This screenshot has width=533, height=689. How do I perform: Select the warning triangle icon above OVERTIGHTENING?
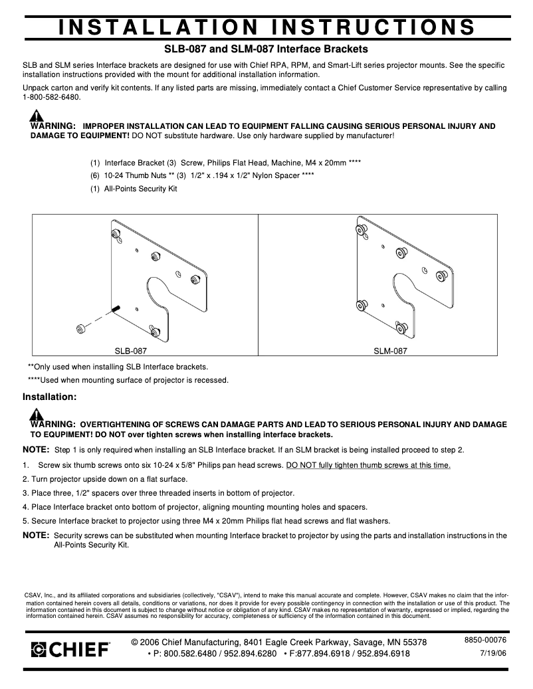pyautogui.click(x=37, y=415)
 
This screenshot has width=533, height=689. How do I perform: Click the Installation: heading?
pyautogui.click(x=50, y=397)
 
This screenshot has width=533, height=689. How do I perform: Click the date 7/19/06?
pyautogui.click(x=493, y=653)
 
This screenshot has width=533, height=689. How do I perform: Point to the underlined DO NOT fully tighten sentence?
pyautogui.click(x=368, y=465)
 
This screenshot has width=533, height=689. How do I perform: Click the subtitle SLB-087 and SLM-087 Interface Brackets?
pyautogui.click(x=266, y=49)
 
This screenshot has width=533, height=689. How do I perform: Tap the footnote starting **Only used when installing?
pyautogui.click(x=118, y=366)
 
